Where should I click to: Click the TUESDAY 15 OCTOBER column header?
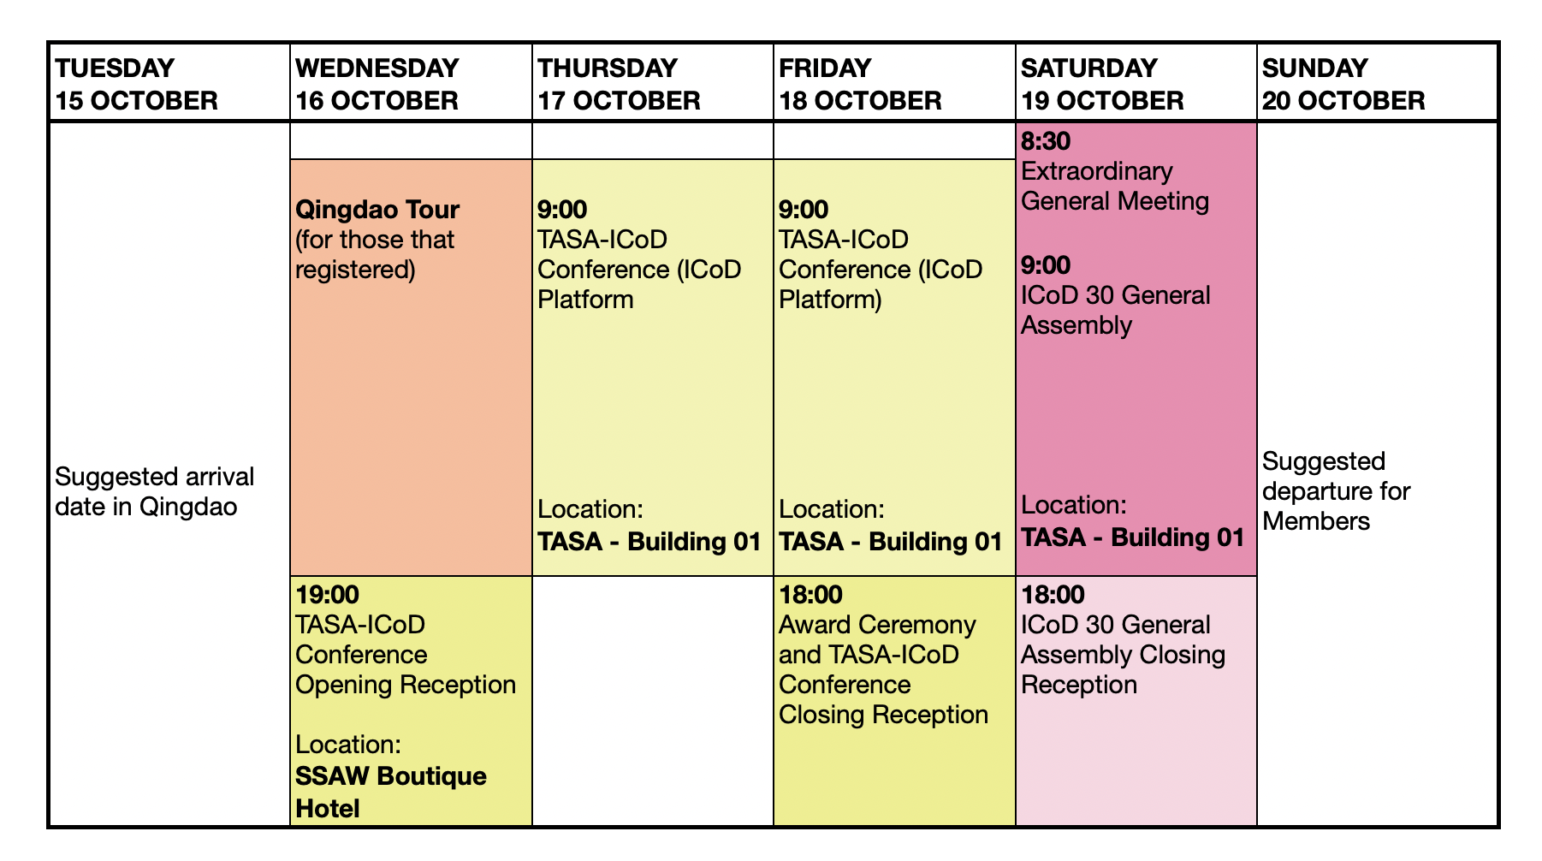(x=136, y=84)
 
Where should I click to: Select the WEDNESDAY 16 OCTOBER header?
(x=377, y=84)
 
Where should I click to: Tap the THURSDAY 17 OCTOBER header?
(x=619, y=84)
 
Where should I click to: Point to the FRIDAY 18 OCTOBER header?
(x=860, y=84)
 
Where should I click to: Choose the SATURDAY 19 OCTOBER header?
(x=1102, y=84)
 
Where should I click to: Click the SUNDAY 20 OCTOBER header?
(x=1343, y=84)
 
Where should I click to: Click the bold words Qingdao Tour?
(x=377, y=210)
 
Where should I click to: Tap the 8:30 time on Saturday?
(x=1046, y=141)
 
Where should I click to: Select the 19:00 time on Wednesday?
(x=328, y=594)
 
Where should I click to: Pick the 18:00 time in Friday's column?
(x=810, y=594)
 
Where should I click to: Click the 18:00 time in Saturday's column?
(x=1053, y=594)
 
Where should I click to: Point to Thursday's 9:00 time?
(x=562, y=210)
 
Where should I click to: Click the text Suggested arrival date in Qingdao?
(x=155, y=492)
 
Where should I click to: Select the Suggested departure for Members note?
(x=1336, y=491)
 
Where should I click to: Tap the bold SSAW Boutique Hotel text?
(x=391, y=792)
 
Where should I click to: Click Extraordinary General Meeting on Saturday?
(x=1115, y=186)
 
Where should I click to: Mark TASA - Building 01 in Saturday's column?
(x=1133, y=537)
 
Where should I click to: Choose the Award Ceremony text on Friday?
(x=877, y=625)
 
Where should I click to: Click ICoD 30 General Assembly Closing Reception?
(x=1123, y=655)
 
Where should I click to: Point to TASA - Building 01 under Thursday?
(x=649, y=542)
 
